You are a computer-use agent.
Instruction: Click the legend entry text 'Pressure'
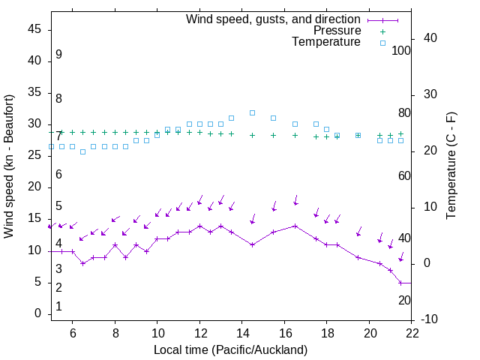pyautogui.click(x=337, y=31)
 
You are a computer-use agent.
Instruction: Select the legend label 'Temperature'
pyautogui.click(x=326, y=43)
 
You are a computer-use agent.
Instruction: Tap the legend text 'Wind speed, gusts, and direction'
pyautogui.click(x=274, y=19)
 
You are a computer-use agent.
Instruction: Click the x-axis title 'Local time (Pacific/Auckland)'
pyautogui.click(x=230, y=350)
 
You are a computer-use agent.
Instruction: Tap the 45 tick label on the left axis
pyautogui.click(x=34, y=29)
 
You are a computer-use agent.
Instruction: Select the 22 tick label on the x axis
pyautogui.click(x=411, y=334)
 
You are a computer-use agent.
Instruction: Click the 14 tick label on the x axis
pyautogui.click(x=241, y=334)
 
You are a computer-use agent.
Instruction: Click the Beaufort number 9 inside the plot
pyautogui.click(x=58, y=55)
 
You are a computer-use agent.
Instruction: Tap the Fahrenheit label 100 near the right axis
pyautogui.click(x=402, y=50)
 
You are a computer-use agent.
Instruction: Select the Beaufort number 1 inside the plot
pyautogui.click(x=58, y=307)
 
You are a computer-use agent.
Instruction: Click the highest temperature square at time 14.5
pyautogui.click(x=252, y=112)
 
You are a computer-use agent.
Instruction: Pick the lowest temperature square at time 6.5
pyautogui.click(x=82, y=151)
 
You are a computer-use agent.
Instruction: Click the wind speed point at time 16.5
pyautogui.click(x=295, y=226)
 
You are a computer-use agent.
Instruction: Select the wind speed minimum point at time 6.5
pyautogui.click(x=82, y=263)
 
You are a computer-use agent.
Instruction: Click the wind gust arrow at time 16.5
pyautogui.click(x=295, y=200)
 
